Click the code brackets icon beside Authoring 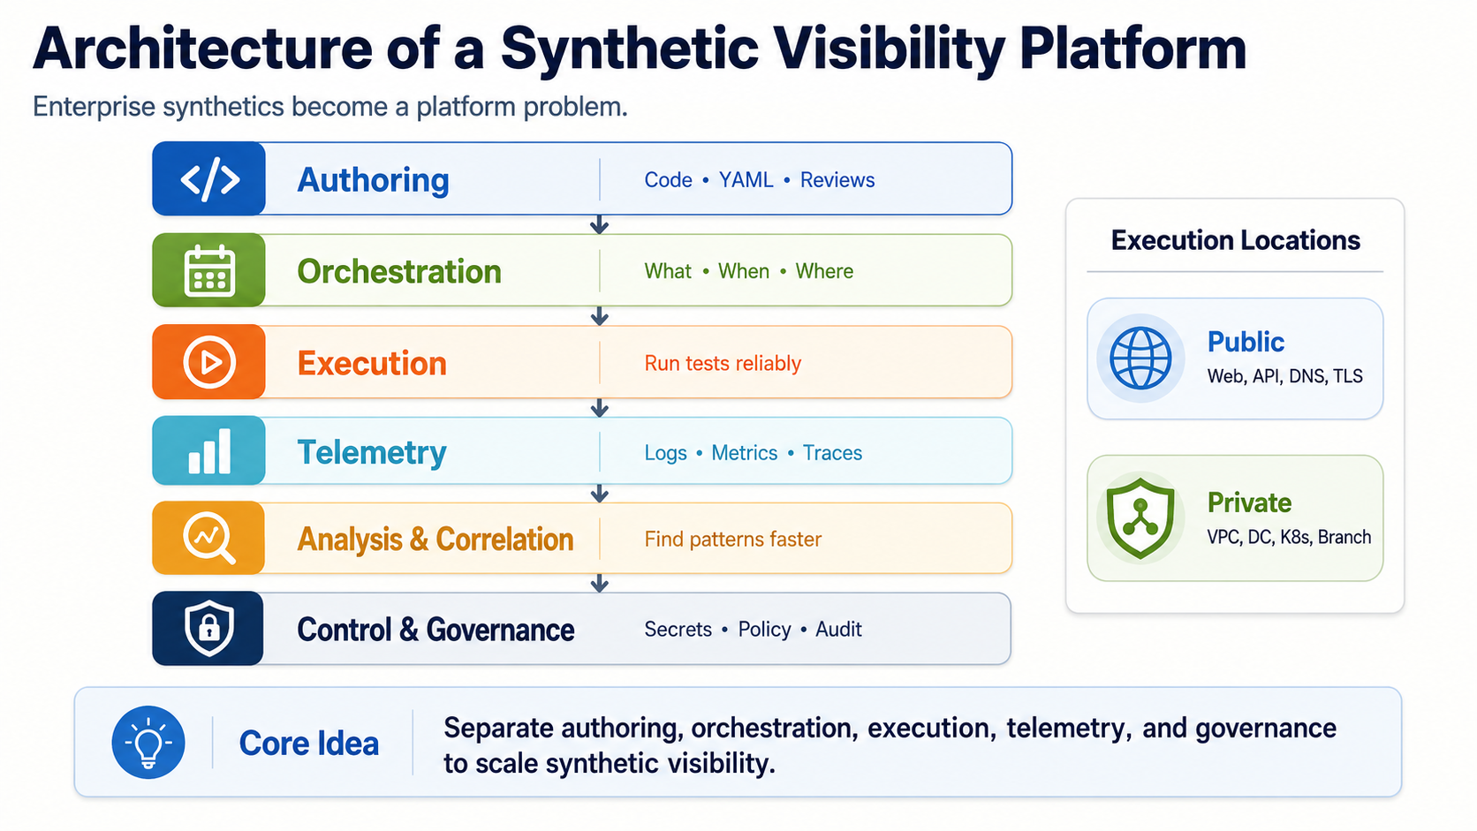(x=209, y=179)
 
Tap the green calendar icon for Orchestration (x=209, y=271)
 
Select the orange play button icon (x=209, y=362)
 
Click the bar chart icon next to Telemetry (x=209, y=451)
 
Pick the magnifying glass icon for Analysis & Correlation (x=209, y=538)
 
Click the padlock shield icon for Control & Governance (x=209, y=628)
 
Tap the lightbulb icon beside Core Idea (x=148, y=743)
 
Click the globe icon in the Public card (x=1140, y=359)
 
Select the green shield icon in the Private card (x=1140, y=518)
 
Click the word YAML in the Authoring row (x=746, y=180)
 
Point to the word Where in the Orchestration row (x=824, y=271)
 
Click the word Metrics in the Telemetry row (x=745, y=453)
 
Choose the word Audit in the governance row (x=838, y=630)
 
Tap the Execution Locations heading (x=1235, y=240)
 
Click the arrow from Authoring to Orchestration (x=600, y=224)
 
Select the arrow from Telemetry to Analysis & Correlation (x=600, y=493)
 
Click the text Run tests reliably (x=723, y=363)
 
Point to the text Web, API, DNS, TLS (x=1284, y=376)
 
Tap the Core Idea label (x=308, y=744)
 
